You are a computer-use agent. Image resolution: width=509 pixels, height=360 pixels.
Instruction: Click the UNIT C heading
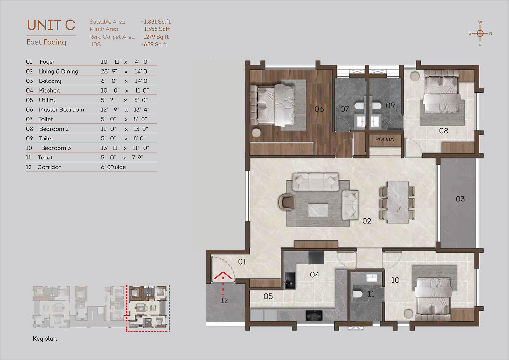(x=51, y=25)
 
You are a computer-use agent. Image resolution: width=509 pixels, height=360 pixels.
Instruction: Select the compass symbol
(x=480, y=33)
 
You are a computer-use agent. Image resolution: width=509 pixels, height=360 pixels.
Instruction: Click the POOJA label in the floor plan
(x=385, y=139)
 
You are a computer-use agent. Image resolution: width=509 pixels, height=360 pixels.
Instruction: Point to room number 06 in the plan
(x=319, y=109)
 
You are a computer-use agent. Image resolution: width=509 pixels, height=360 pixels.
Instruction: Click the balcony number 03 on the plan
(x=460, y=199)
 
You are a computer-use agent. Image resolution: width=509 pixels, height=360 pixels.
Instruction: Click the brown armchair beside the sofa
(x=287, y=201)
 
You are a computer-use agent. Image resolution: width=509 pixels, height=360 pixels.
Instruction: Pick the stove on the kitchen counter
(x=314, y=315)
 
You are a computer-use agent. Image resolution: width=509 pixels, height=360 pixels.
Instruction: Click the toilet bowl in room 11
(x=358, y=294)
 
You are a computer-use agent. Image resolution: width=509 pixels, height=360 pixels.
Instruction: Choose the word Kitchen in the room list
(x=49, y=90)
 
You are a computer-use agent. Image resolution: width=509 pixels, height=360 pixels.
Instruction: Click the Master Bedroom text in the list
(x=62, y=109)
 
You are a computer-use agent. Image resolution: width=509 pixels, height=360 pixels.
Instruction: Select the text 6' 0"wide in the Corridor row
(x=113, y=167)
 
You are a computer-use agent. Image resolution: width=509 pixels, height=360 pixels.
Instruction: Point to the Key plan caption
(x=45, y=339)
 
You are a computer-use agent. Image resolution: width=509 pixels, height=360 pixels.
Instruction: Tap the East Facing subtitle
(x=46, y=42)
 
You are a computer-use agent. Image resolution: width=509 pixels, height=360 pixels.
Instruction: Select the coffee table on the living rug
(x=318, y=210)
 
